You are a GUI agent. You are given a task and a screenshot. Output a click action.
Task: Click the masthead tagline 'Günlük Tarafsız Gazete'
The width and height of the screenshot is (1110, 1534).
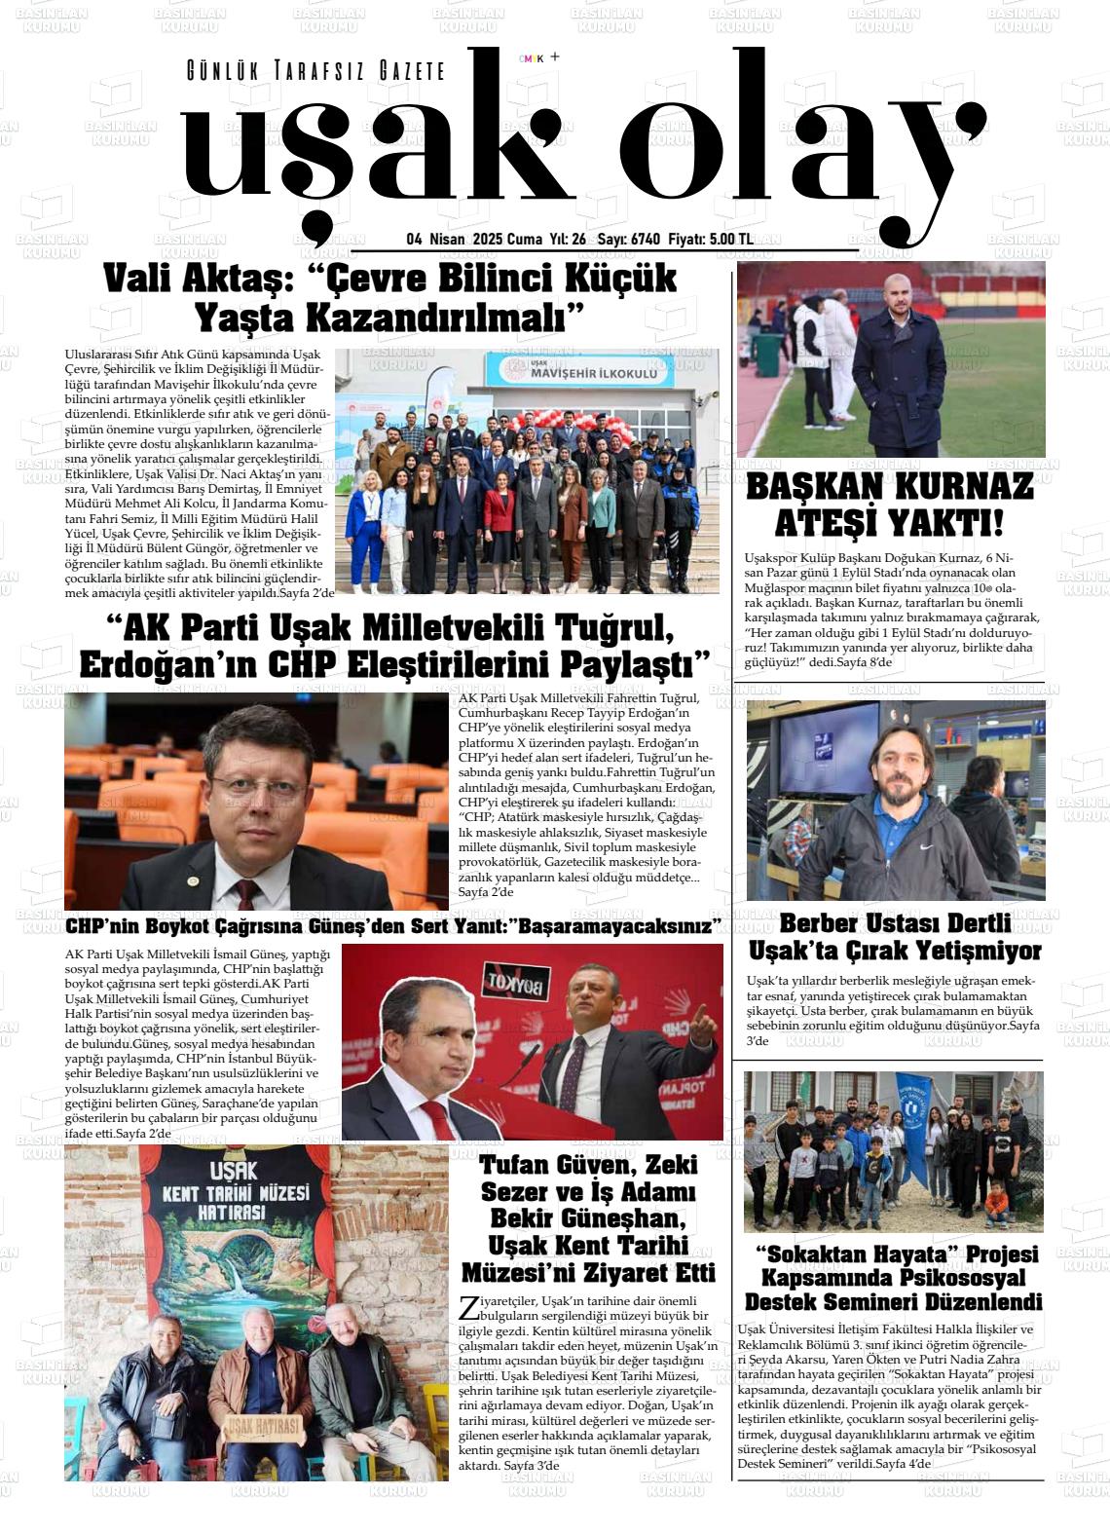pos(315,71)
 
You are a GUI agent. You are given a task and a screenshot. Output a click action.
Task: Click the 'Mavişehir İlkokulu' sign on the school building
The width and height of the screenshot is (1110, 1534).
pos(594,372)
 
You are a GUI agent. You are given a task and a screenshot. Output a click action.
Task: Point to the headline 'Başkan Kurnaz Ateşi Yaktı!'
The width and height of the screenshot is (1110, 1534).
pos(889,505)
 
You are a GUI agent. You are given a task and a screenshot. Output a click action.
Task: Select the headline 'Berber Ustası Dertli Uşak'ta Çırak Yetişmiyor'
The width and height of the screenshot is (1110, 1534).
pos(895,936)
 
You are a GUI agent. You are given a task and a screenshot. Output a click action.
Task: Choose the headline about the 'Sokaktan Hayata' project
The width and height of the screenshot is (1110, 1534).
pos(893,1278)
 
